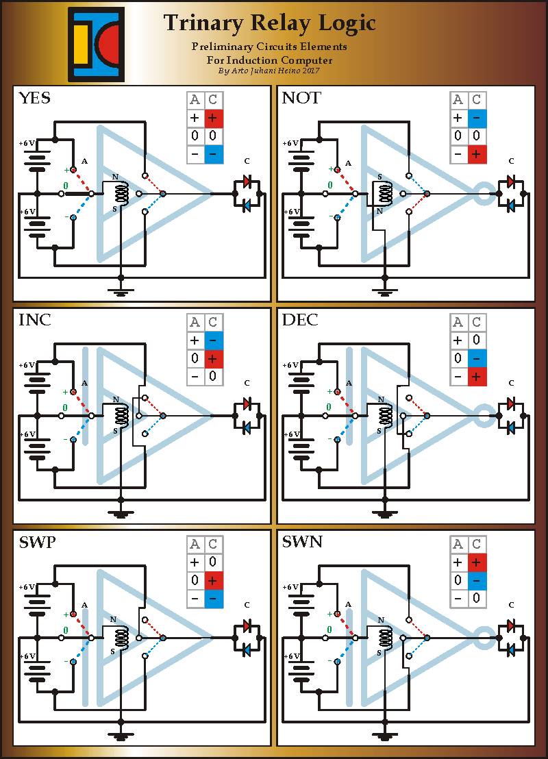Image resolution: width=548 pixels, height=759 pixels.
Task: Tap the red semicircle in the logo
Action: click(108, 45)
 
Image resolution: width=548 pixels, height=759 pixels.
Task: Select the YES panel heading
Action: click(34, 98)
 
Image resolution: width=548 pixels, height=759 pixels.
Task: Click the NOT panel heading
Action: click(301, 98)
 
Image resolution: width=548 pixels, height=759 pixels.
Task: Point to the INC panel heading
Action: click(34, 320)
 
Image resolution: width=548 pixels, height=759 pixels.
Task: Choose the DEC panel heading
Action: click(300, 320)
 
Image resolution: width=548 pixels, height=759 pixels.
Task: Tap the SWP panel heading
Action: click(37, 542)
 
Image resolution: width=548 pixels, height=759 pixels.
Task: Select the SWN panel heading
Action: click(302, 541)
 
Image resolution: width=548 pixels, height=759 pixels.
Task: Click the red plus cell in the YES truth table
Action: click(214, 118)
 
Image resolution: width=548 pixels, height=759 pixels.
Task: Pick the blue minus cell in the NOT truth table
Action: click(477, 118)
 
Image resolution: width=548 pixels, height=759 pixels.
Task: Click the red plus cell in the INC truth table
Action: click(214, 359)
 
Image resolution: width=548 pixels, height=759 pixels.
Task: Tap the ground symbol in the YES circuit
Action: click(121, 291)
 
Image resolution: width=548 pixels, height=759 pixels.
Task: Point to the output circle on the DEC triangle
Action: click(484, 416)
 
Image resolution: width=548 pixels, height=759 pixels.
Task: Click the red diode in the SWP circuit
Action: click(247, 626)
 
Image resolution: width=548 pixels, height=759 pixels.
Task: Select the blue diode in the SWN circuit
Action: click(511, 650)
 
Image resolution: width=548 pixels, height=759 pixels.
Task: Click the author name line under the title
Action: click(269, 71)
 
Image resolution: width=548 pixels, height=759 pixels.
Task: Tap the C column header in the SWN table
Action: click(476, 544)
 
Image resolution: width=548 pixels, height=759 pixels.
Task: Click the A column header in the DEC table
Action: click(458, 323)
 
